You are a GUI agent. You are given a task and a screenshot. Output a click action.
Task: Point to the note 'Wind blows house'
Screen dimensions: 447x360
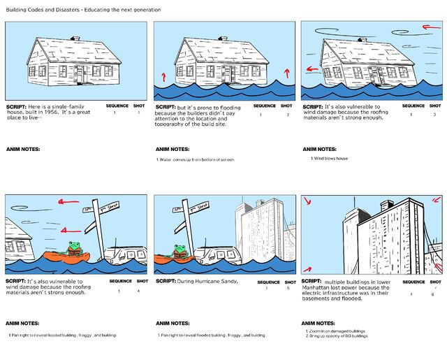click(330, 159)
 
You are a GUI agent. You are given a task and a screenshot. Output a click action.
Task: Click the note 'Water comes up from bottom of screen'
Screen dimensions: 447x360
click(196, 160)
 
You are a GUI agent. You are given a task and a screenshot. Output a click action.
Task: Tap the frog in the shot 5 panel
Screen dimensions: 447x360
click(180, 250)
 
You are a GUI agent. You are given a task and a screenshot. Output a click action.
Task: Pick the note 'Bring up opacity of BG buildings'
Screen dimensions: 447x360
click(339, 336)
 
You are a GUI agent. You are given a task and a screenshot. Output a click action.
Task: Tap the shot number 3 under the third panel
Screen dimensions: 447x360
click(434, 115)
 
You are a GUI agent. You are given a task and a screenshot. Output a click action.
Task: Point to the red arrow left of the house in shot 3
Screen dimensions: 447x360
click(312, 69)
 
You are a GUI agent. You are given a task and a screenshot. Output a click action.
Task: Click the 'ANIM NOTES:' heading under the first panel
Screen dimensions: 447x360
click(22, 149)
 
